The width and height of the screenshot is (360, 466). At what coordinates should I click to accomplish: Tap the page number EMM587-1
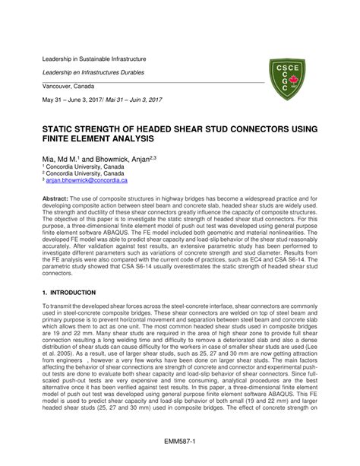[180, 441]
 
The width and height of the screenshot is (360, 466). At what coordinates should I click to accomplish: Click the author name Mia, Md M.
[61, 159]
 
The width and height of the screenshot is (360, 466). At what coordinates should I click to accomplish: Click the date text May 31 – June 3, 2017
[76, 101]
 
